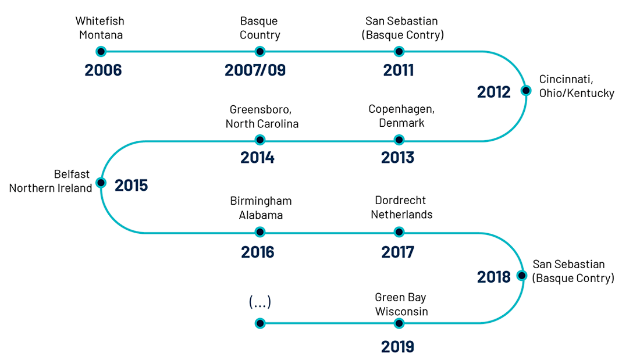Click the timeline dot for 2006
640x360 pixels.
pyautogui.click(x=101, y=51)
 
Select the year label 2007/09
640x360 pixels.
pyautogui.click(x=255, y=70)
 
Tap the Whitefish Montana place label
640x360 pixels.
pyautogui.click(x=101, y=28)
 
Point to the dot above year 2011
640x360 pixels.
pyautogui.click(x=399, y=51)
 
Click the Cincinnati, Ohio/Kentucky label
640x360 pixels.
pyautogui.click(x=577, y=86)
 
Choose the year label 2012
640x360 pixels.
pyautogui.click(x=494, y=92)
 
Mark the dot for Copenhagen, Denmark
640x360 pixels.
pyautogui.click(x=399, y=140)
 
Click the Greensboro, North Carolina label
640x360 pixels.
pyautogui.click(x=262, y=116)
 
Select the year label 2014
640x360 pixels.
pyautogui.click(x=257, y=158)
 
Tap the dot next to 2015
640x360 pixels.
pyautogui.click(x=101, y=183)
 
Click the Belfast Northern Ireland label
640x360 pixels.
pyautogui.click(x=51, y=181)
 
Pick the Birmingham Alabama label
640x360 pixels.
pyautogui.click(x=261, y=208)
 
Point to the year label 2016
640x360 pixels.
pyautogui.click(x=258, y=252)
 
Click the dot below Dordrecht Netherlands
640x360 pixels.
pyautogui.click(x=399, y=232)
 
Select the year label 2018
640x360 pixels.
pyautogui.click(x=494, y=277)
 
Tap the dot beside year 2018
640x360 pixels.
pyautogui.click(x=522, y=276)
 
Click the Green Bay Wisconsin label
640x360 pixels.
pyautogui.click(x=401, y=304)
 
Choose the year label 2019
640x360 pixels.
pyautogui.click(x=397, y=347)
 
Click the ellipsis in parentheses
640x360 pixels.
pyautogui.click(x=260, y=302)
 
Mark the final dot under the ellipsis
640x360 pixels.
pyautogui.click(x=259, y=324)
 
